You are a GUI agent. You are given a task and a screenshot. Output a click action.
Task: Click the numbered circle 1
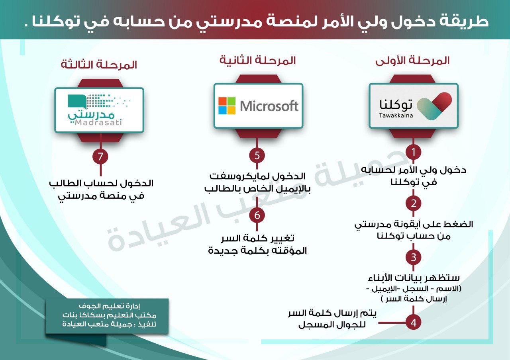[x=413, y=152]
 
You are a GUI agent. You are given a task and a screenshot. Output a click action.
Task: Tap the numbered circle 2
[x=413, y=203]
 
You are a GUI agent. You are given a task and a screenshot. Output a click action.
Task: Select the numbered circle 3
[x=413, y=257]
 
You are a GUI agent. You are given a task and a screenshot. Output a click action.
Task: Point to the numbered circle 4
[x=413, y=323]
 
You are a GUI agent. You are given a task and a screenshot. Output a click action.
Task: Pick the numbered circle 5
[x=257, y=155]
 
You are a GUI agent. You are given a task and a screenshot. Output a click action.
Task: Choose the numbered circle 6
[x=257, y=215]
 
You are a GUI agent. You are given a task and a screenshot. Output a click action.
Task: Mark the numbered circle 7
[x=100, y=157]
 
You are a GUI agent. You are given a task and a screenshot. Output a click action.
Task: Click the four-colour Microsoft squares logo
[x=227, y=106]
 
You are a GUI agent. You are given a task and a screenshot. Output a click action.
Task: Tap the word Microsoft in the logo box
[x=269, y=106]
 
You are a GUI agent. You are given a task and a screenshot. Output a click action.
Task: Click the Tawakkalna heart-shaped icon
[x=434, y=106]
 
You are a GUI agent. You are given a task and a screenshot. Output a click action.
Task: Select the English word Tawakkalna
[x=396, y=115]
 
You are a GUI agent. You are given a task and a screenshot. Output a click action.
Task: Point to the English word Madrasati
[x=98, y=123]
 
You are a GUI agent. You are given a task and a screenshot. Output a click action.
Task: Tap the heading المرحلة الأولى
[x=412, y=61]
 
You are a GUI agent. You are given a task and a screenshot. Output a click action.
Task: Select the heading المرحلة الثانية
[x=257, y=61]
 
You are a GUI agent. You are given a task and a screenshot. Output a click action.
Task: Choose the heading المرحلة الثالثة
[x=99, y=65]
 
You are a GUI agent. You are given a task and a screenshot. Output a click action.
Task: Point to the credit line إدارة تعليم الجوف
[x=110, y=306]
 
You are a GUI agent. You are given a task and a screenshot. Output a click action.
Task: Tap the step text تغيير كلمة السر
[x=258, y=238]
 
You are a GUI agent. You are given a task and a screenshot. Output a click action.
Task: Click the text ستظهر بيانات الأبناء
[x=414, y=278]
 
